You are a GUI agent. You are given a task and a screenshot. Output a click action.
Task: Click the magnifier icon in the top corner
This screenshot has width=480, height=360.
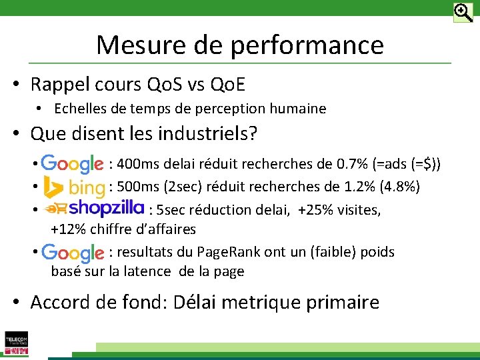click(x=463, y=12)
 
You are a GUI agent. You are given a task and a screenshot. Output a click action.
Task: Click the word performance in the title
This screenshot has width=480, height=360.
click(x=308, y=45)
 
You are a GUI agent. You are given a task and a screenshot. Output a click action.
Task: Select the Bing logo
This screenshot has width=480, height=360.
click(x=73, y=187)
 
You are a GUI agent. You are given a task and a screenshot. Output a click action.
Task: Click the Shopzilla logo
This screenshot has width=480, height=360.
click(x=94, y=208)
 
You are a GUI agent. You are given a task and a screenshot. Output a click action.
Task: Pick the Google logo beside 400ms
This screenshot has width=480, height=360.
click(x=72, y=164)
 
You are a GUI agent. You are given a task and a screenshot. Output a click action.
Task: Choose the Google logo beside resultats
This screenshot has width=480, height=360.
click(x=72, y=253)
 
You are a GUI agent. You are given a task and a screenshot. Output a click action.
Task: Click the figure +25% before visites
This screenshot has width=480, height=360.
click(x=315, y=210)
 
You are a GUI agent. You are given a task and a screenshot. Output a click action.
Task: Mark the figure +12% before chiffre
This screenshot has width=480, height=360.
click(x=68, y=229)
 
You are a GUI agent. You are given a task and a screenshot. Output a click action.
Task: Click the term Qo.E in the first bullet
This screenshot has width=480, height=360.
click(x=227, y=85)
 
